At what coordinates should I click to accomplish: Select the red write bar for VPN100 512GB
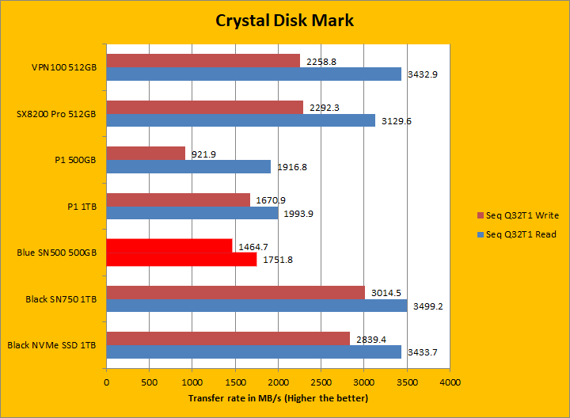tap(203, 61)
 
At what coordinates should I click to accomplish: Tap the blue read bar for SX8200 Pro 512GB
tap(241, 120)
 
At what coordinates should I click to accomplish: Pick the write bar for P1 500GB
tap(146, 153)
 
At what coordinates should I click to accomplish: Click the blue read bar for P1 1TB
tap(192, 213)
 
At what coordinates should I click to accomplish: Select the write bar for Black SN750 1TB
tap(235, 292)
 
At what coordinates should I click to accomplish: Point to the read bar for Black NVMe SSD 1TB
tap(253, 351)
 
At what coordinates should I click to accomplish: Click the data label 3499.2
tap(425, 306)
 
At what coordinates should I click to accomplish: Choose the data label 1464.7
tap(249, 246)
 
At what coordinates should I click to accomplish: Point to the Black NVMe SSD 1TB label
tap(51, 345)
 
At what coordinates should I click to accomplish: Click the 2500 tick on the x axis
tap(321, 382)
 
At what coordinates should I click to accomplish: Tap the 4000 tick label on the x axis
tap(450, 382)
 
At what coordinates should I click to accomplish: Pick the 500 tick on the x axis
tap(149, 382)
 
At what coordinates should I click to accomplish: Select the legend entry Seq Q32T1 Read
tap(520, 234)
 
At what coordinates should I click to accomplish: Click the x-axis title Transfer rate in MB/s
tap(278, 397)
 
